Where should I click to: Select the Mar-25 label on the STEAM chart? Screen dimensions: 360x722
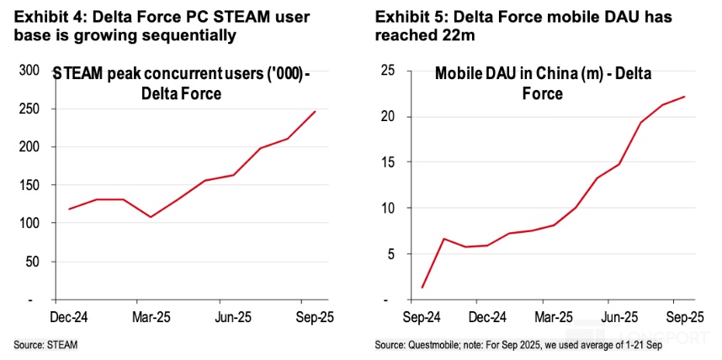pyautogui.click(x=150, y=319)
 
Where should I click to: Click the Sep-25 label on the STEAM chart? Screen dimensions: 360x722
pyautogui.click(x=312, y=319)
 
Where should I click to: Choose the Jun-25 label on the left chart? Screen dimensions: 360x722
pyautogui.click(x=231, y=319)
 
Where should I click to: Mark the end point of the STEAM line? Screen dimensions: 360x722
pyautogui.click(x=316, y=111)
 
